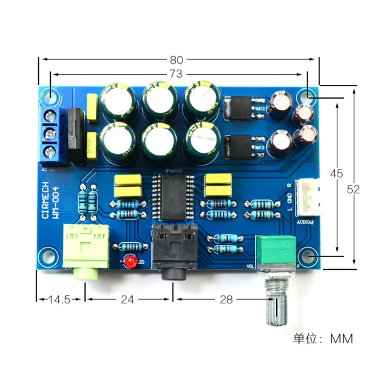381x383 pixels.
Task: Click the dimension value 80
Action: pos(176,60)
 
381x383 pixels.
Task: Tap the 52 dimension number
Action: pos(353,189)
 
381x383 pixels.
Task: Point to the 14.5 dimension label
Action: pos(60,300)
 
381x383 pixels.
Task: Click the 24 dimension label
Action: pos(128,300)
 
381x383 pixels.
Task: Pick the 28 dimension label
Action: pos(227,300)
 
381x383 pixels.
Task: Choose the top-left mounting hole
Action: pos(50,96)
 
